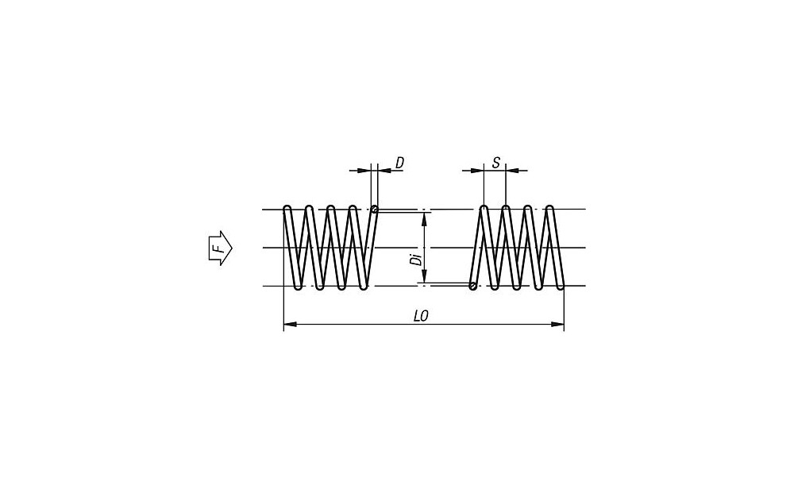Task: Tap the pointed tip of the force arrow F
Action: [232, 248]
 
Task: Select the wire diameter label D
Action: [399, 162]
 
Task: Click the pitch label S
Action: [495, 163]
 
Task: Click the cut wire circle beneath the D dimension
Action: [374, 210]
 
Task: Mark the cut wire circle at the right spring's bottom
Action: [473, 287]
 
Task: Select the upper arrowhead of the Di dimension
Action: [424, 217]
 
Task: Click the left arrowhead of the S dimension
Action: [477, 170]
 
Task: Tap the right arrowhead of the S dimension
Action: [511, 170]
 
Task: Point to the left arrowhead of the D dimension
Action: [366, 170]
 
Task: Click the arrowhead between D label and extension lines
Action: [384, 170]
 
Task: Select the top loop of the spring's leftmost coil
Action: [288, 210]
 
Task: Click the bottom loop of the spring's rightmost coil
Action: [560, 286]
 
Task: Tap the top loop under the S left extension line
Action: [483, 210]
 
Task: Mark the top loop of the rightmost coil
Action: [549, 210]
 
